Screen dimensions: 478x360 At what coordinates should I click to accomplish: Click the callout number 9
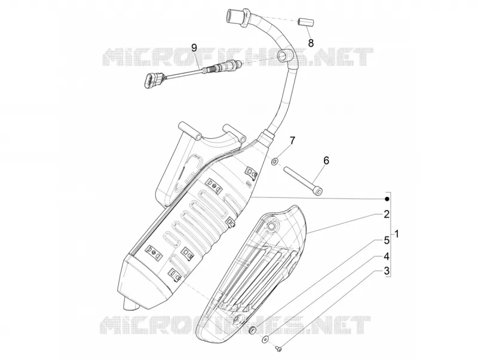point(194,48)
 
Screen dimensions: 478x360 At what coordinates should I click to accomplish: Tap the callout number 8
point(311,43)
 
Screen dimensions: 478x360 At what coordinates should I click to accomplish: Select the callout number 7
point(292,141)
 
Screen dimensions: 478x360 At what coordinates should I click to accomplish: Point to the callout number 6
point(326,160)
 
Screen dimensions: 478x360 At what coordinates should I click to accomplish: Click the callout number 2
point(387,214)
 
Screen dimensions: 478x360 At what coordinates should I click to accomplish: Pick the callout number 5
point(387,240)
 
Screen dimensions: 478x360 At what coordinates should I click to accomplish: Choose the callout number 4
point(387,257)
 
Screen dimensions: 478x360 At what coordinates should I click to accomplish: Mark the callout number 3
point(387,271)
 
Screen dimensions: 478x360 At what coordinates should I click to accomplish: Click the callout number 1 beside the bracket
point(397,234)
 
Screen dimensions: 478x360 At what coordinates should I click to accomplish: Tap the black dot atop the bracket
point(387,199)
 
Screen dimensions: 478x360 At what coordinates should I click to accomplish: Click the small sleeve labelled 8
point(306,23)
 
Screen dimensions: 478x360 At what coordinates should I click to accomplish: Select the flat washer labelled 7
point(275,161)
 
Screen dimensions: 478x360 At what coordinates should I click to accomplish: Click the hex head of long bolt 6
point(319,191)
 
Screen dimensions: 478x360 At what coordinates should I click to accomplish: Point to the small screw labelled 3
point(278,347)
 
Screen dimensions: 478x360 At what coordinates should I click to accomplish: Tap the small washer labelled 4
point(265,338)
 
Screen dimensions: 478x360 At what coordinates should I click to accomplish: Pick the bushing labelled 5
point(253,331)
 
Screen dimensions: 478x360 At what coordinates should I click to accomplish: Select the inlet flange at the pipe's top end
point(238,17)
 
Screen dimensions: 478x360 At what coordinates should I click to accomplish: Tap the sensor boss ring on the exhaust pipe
point(282,56)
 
